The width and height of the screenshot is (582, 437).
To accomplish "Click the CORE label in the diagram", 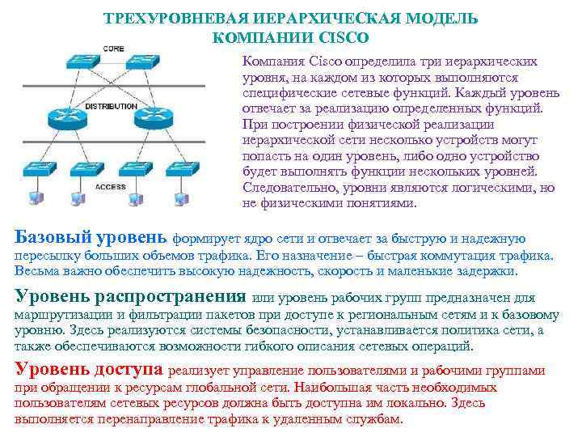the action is pos(113,49).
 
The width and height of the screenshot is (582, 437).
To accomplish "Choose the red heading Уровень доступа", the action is pos(89,370).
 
